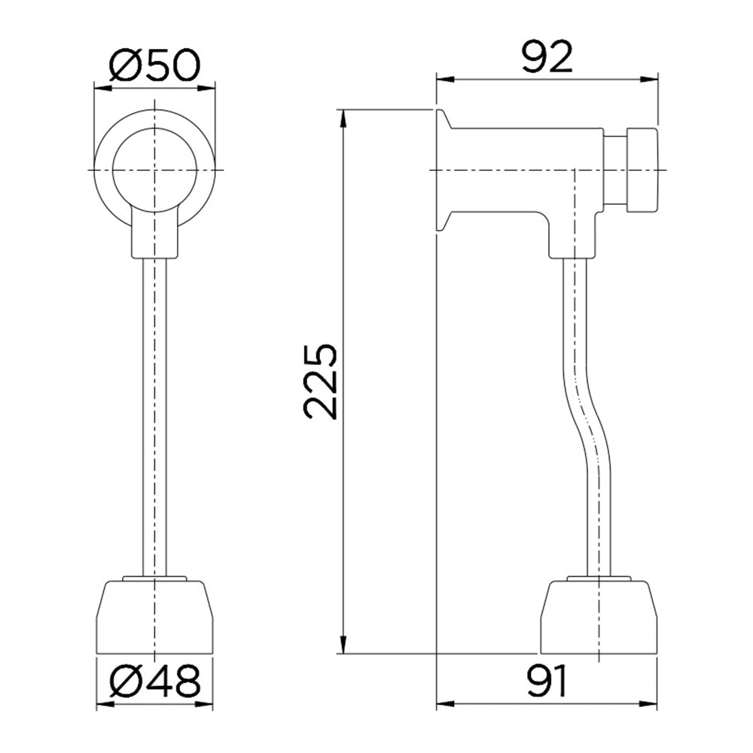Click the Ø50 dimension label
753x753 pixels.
(154, 66)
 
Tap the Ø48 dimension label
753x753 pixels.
(154, 683)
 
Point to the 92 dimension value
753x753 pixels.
(547, 57)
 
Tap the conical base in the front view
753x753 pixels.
(154, 617)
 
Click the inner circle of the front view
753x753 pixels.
(154, 170)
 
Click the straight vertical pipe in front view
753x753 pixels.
(154, 414)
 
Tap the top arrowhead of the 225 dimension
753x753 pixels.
(343, 117)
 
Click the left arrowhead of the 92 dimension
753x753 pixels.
(444, 79)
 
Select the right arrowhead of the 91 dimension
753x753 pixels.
(651, 705)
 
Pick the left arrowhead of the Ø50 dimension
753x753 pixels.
(101, 88)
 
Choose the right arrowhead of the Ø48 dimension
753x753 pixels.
(205, 705)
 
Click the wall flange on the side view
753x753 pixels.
(443, 170)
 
